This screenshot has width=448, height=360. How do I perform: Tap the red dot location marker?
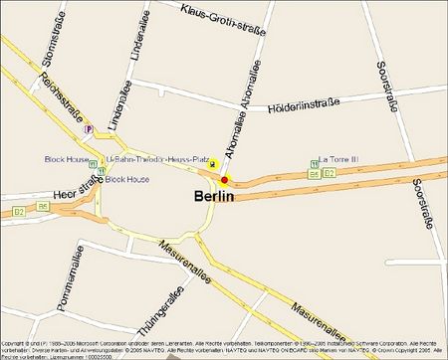[x=225, y=180]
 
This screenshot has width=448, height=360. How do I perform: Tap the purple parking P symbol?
[x=90, y=128]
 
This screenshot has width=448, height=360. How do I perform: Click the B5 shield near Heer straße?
[x=43, y=207]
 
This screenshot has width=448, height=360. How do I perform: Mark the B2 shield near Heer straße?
[x=19, y=211]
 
